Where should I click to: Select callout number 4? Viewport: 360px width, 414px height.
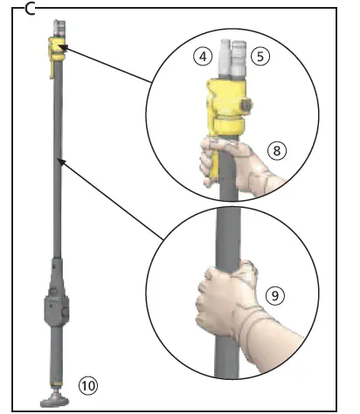[x=203, y=58]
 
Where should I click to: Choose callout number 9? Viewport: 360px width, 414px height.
[x=275, y=296]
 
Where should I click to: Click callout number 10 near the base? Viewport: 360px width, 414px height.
[x=87, y=383]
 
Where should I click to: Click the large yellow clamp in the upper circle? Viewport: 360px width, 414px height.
[x=230, y=104]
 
